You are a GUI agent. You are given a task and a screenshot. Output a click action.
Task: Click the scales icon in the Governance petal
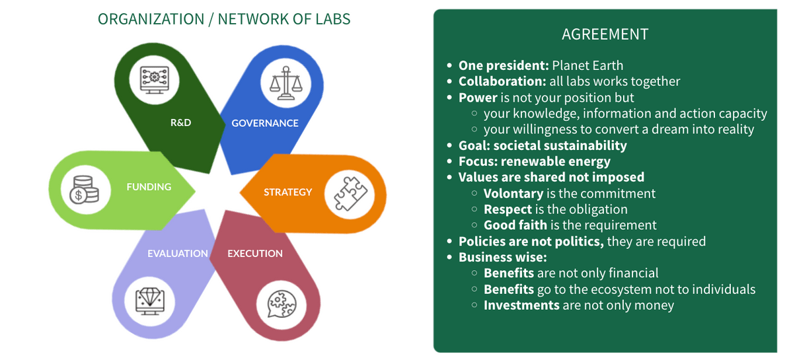pyautogui.click(x=285, y=83)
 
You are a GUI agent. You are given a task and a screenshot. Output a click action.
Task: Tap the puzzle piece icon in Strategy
pyautogui.click(x=350, y=194)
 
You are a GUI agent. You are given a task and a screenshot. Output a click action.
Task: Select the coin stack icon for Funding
pyautogui.click(x=85, y=190)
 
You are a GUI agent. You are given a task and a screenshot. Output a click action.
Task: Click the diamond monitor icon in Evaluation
pyautogui.click(x=150, y=301)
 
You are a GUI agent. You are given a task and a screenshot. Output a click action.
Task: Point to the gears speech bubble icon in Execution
pyautogui.click(x=282, y=304)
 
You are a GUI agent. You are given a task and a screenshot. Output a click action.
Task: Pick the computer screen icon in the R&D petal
pyautogui.click(x=155, y=80)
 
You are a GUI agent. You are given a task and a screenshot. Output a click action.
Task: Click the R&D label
pyautogui.click(x=180, y=122)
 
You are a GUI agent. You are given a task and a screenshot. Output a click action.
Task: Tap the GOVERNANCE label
pyautogui.click(x=265, y=123)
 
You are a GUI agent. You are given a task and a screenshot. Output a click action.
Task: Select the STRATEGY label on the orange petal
pyautogui.click(x=288, y=192)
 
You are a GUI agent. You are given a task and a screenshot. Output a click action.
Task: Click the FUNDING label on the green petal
pyautogui.click(x=149, y=187)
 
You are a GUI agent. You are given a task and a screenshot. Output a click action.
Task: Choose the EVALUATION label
pyautogui.click(x=177, y=254)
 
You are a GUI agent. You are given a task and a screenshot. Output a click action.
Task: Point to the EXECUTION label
pyautogui.click(x=255, y=254)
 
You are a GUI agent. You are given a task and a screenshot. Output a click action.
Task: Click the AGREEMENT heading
pyautogui.click(x=605, y=34)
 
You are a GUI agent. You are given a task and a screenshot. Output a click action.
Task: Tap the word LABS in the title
pyautogui.click(x=333, y=19)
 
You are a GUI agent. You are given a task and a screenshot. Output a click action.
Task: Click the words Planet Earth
pyautogui.click(x=587, y=65)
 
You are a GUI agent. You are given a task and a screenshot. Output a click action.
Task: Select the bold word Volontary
pyautogui.click(x=513, y=194)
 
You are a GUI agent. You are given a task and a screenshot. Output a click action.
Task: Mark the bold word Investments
pyautogui.click(x=521, y=305)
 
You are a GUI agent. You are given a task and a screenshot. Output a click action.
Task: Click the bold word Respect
pyautogui.click(x=508, y=209)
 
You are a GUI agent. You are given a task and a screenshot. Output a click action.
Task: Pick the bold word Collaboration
pyautogui.click(x=502, y=81)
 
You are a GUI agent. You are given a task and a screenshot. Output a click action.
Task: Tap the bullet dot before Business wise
pyautogui.click(x=449, y=258)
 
